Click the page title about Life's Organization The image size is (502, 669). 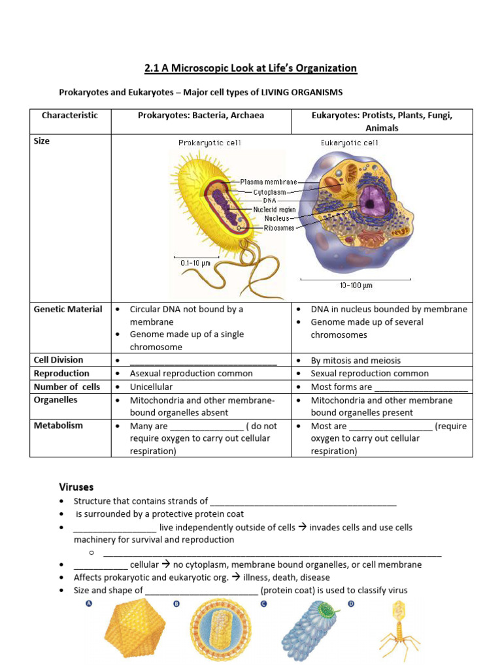(250, 68)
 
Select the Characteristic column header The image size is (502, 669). (70, 116)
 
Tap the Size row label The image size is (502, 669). (42, 140)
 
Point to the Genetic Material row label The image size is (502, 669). (68, 309)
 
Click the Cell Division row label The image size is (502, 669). (59, 360)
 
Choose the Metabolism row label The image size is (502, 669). (59, 425)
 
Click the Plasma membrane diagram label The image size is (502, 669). (268, 182)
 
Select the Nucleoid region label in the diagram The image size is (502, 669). (275, 210)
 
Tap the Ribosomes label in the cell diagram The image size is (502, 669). (279, 228)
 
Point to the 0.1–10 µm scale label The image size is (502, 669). (195, 263)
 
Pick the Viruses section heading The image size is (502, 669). (76, 487)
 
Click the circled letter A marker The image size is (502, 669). (88, 604)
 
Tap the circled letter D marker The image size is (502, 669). (351, 604)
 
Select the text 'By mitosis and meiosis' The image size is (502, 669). (356, 361)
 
